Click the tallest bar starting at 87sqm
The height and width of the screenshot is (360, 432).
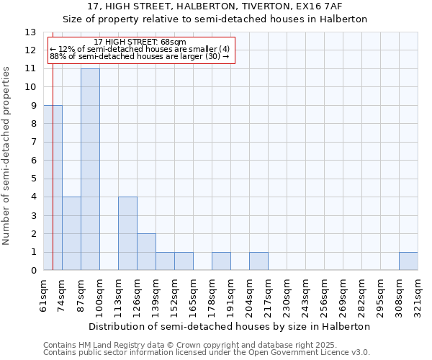[90, 169]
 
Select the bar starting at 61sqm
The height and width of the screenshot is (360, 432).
[53, 187]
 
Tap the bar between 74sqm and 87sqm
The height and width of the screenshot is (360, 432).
[71, 233]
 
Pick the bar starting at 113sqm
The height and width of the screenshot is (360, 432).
[127, 233]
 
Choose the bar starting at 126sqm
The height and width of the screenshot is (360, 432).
[146, 252]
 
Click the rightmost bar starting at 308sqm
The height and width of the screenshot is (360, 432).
[408, 261]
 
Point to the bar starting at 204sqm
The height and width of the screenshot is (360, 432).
[258, 261]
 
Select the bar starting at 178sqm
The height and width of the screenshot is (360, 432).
[221, 261]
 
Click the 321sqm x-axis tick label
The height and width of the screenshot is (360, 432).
[418, 295]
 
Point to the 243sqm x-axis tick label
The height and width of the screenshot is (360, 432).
[306, 295]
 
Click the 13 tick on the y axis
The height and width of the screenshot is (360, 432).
[30, 32]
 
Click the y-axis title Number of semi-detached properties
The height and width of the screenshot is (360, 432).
[7, 156]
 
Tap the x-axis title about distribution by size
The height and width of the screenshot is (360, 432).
[230, 326]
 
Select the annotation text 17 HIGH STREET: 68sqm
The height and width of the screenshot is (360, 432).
[140, 42]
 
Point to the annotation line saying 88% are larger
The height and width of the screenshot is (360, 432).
[140, 56]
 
